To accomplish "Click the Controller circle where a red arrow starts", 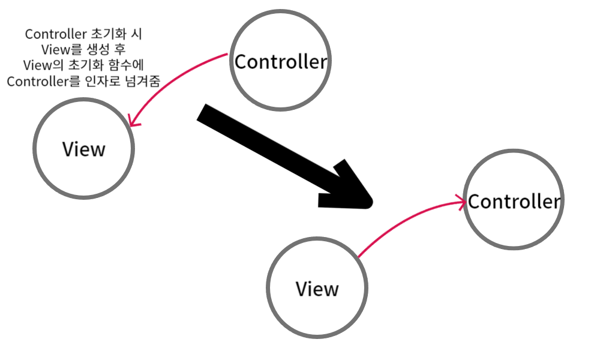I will point(281,61).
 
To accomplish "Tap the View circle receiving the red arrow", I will point(84,149).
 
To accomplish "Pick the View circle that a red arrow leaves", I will point(317,289).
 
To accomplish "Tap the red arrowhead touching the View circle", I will point(133,123).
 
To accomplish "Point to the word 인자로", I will point(102,81).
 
